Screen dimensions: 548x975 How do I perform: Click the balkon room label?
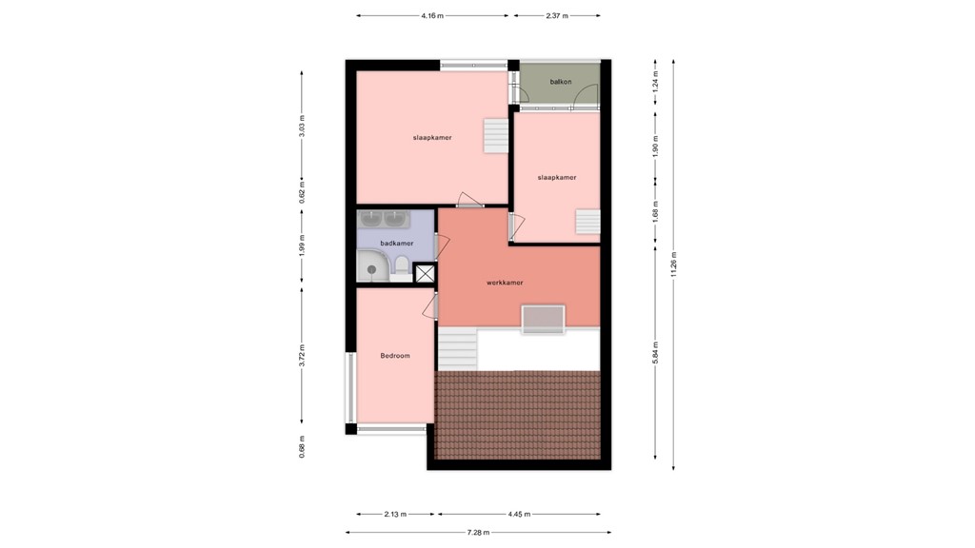click(x=561, y=82)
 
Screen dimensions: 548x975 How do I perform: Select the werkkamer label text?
click(x=505, y=283)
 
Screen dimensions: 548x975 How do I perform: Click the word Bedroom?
click(x=394, y=356)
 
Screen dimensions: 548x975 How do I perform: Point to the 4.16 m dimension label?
click(x=432, y=16)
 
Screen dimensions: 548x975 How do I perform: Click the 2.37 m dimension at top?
click(x=557, y=16)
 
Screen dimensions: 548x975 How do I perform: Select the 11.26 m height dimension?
click(x=674, y=264)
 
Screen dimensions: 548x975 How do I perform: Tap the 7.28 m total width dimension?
click(x=478, y=532)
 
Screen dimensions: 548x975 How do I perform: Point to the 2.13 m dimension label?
click(x=396, y=515)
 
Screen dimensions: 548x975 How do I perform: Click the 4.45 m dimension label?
click(x=520, y=515)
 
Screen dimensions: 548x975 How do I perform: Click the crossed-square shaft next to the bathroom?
click(x=425, y=273)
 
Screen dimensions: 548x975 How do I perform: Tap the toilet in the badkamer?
click(x=401, y=264)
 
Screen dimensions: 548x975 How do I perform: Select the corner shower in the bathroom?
click(x=372, y=267)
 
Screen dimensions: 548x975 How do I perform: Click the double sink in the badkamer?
click(x=383, y=220)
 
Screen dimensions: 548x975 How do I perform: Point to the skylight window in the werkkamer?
click(x=543, y=319)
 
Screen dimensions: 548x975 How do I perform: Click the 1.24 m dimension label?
click(x=655, y=83)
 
